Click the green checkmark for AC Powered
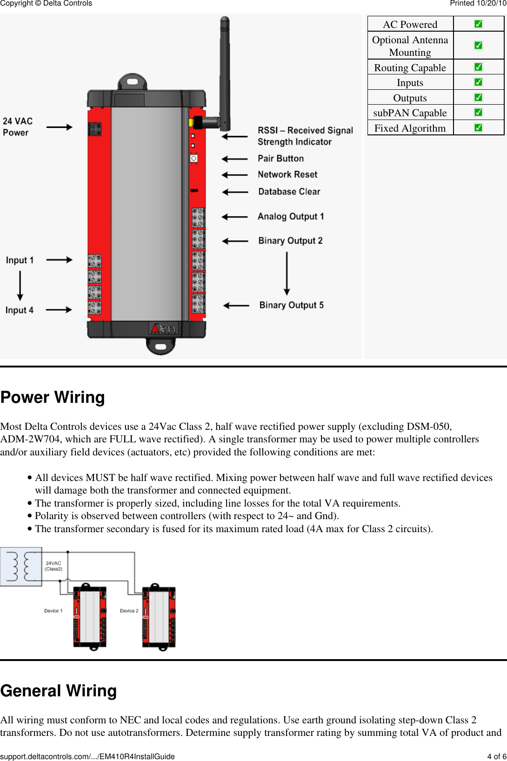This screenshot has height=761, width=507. [x=478, y=24]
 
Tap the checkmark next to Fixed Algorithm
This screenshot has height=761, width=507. [x=478, y=127]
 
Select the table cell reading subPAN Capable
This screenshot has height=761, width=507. [x=410, y=113]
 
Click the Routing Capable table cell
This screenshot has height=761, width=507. [x=410, y=67]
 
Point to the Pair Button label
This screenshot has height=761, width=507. [x=280, y=159]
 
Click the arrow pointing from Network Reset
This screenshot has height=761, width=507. [x=235, y=175]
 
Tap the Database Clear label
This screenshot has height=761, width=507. [x=289, y=192]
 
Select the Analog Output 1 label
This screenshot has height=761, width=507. [x=291, y=216]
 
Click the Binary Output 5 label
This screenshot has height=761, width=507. [x=291, y=305]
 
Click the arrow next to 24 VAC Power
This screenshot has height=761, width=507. [x=59, y=127]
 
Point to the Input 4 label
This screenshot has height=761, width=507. [x=19, y=310]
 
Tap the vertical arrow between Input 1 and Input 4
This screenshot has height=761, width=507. [x=20, y=285]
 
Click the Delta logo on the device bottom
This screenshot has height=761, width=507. [x=163, y=328]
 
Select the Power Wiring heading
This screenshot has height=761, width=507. [x=53, y=397]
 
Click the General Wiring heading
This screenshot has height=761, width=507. [x=59, y=691]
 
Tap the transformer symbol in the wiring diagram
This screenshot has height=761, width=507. [x=20, y=566]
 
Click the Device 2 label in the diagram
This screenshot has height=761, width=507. [x=129, y=611]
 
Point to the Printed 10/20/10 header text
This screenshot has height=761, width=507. [x=478, y=4]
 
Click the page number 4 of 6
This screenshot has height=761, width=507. [x=496, y=756]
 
